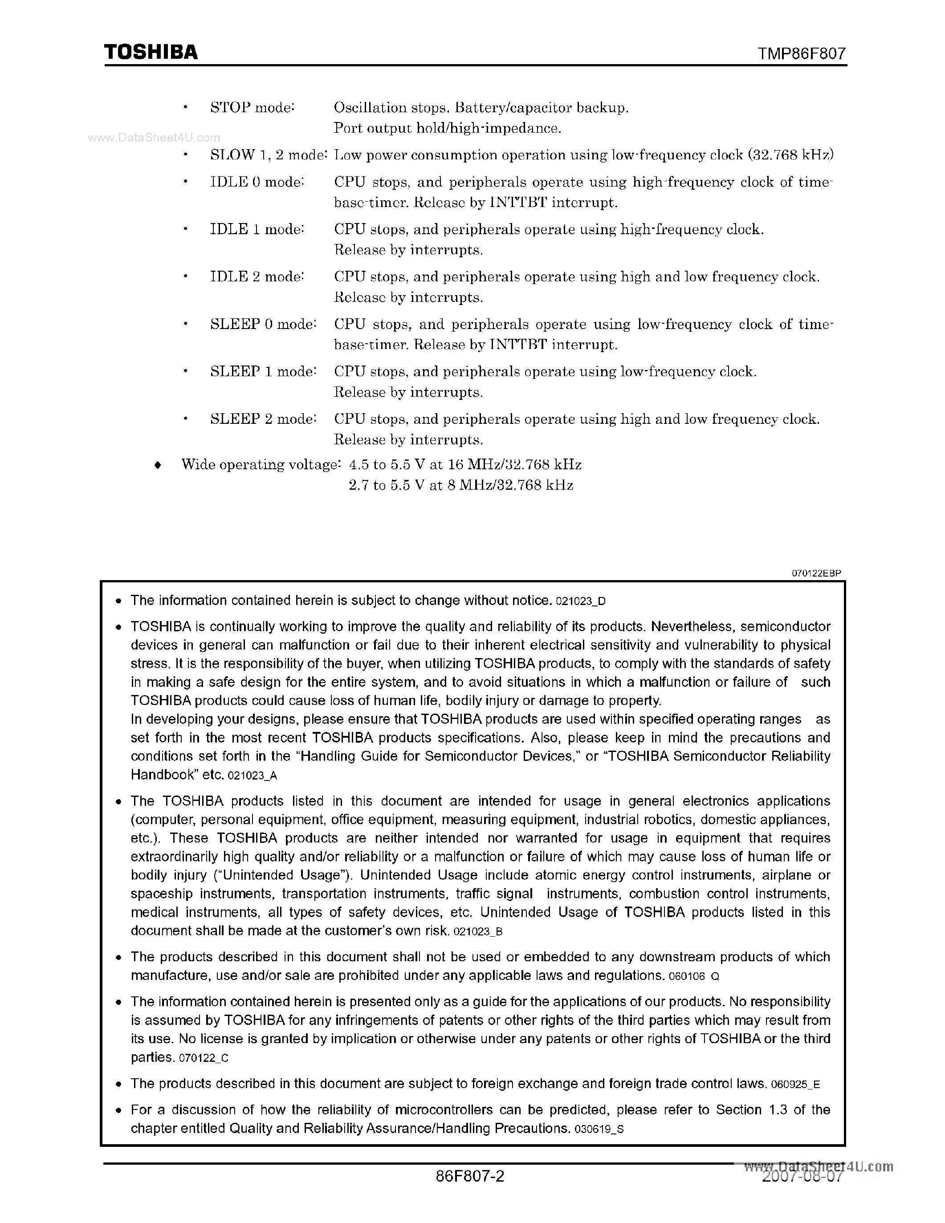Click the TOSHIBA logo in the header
151,52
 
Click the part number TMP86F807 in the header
802,54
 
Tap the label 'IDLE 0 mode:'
257,182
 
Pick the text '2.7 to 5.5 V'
385,485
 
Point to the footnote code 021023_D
581,602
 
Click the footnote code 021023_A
253,776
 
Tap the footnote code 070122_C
204,1058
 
